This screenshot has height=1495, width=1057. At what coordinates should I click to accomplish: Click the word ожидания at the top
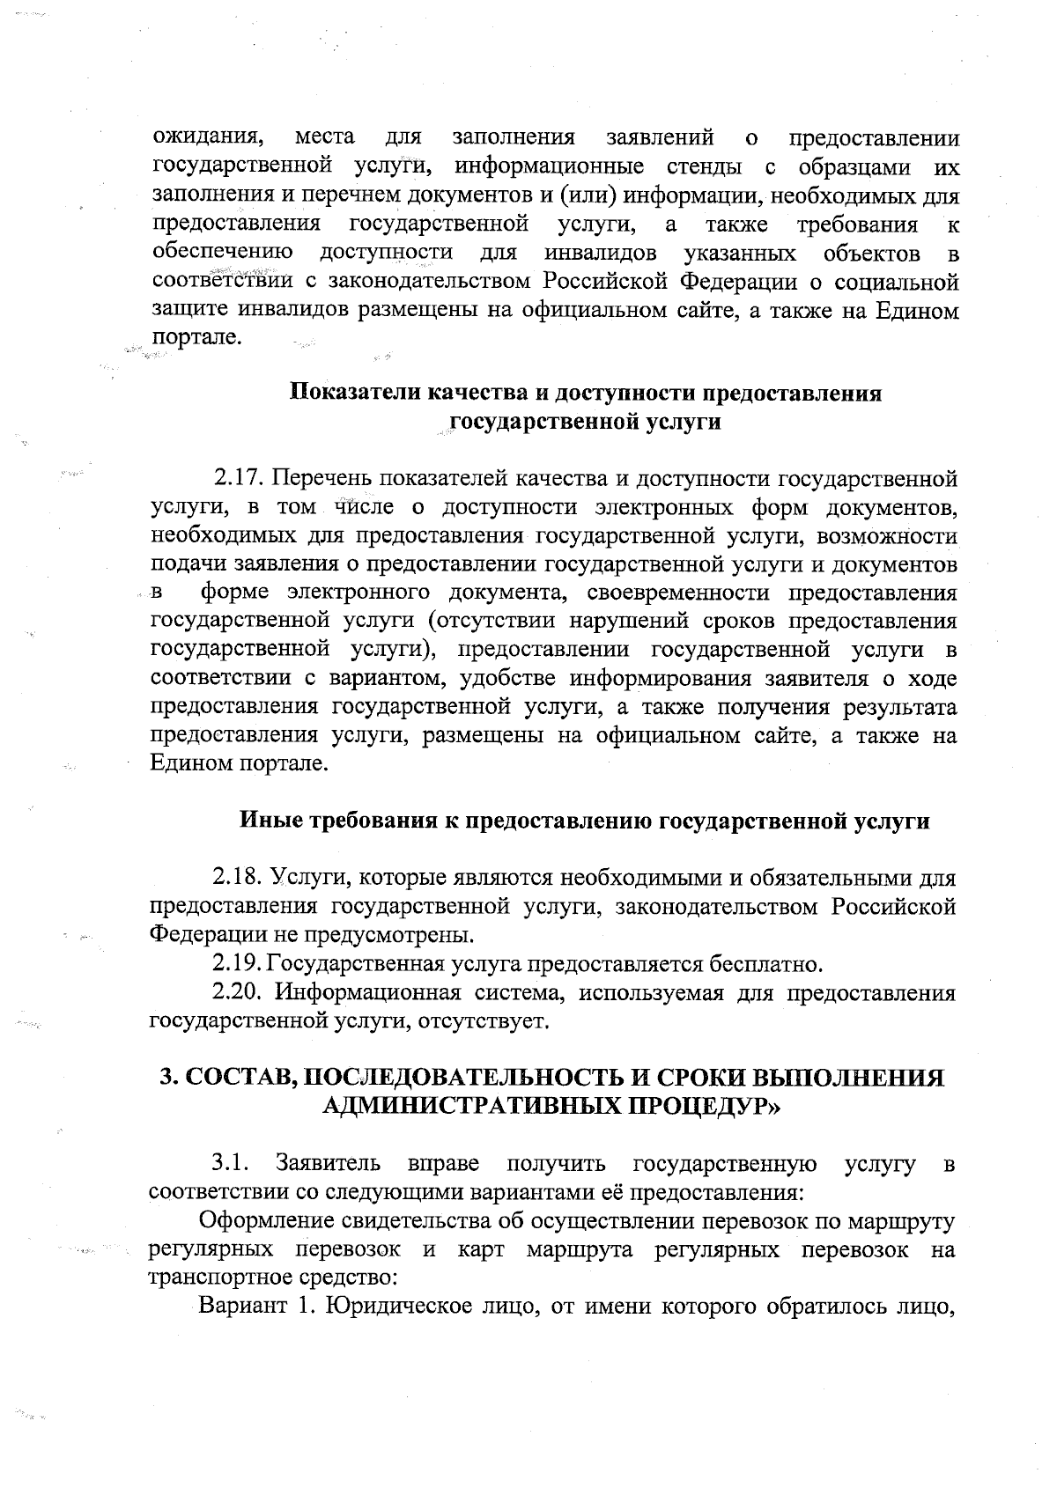point(209,138)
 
